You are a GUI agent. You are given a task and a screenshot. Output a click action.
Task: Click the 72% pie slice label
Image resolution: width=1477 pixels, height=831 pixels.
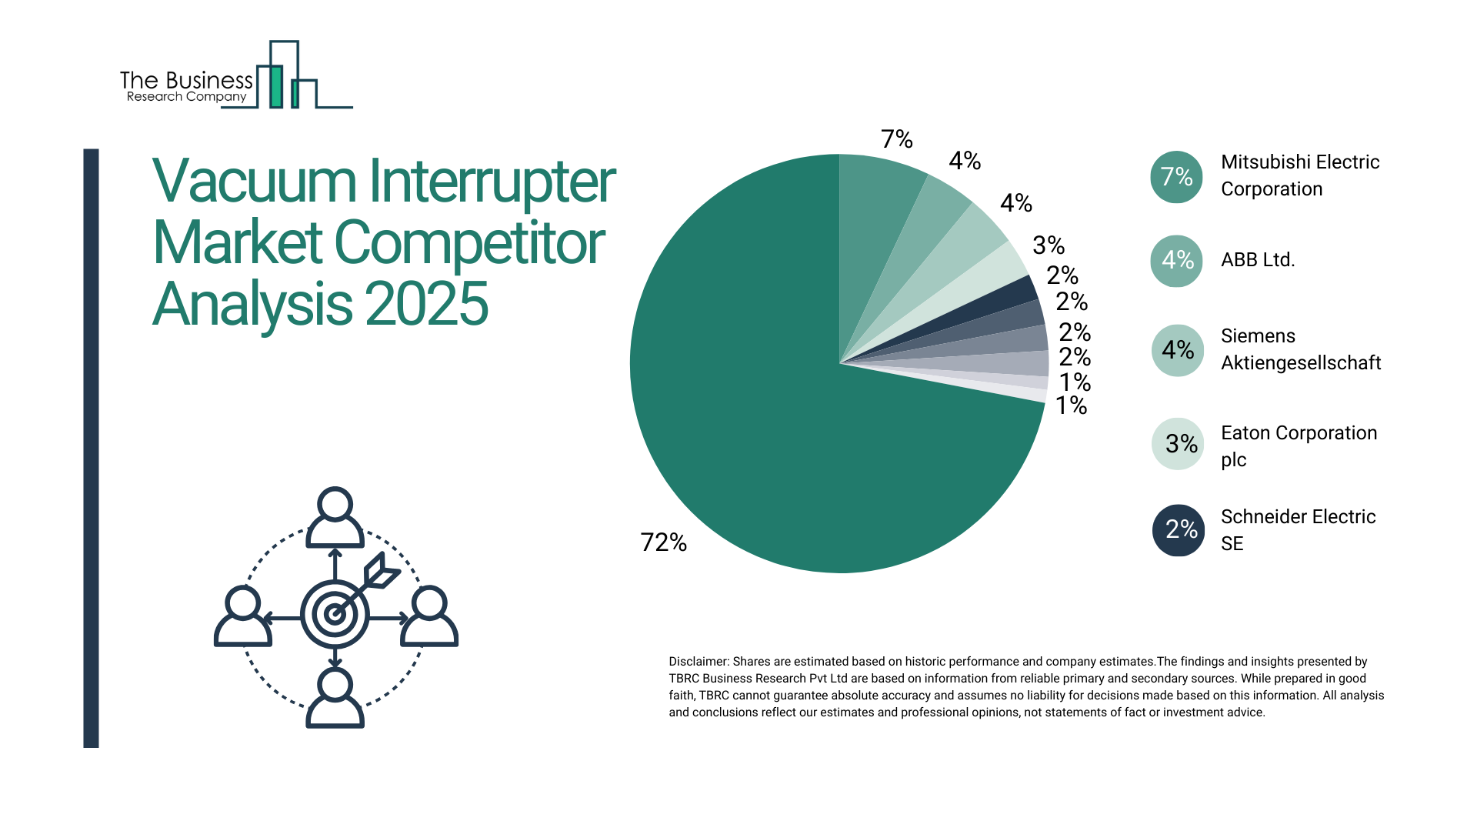pyautogui.click(x=663, y=542)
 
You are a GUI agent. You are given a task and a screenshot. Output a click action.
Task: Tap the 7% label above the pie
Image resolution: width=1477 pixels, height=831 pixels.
pyautogui.click(x=896, y=139)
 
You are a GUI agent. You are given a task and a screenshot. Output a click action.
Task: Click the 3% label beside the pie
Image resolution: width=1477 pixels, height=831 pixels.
pyautogui.click(x=1048, y=245)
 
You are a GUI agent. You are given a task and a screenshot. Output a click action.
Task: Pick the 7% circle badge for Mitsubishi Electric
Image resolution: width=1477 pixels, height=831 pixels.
pyautogui.click(x=1176, y=177)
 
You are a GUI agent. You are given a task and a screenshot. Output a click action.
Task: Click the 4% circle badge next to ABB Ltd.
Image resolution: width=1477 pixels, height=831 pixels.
pyautogui.click(x=1176, y=261)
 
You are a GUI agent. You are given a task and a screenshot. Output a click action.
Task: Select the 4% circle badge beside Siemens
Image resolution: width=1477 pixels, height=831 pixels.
pyautogui.click(x=1177, y=351)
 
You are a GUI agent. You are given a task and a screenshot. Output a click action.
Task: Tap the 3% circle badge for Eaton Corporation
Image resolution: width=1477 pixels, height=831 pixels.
pyautogui.click(x=1178, y=444)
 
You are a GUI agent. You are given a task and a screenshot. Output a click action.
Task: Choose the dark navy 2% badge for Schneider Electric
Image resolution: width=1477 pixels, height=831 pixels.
pyautogui.click(x=1178, y=530)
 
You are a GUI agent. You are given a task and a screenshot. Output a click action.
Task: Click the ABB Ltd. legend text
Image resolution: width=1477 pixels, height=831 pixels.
pyautogui.click(x=1258, y=260)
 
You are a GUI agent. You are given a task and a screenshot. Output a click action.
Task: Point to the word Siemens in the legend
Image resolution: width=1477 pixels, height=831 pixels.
pyautogui.click(x=1258, y=336)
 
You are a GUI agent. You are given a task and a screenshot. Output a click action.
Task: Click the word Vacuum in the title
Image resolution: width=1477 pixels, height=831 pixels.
pyautogui.click(x=254, y=182)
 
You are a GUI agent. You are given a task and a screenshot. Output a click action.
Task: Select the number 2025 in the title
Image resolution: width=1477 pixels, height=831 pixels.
pyautogui.click(x=426, y=304)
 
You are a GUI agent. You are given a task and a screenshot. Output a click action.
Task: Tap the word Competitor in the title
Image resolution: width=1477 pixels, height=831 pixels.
pyautogui.click(x=469, y=243)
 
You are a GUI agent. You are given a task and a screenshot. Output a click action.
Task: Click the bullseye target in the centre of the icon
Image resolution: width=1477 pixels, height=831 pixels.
pyautogui.click(x=335, y=614)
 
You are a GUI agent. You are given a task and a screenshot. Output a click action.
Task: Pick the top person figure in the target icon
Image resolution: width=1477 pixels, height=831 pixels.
pyautogui.click(x=335, y=517)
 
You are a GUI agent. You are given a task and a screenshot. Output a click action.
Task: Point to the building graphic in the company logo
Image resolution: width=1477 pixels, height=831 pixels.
pyautogui.click(x=285, y=77)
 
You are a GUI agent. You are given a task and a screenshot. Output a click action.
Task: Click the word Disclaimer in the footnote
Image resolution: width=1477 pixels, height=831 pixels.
pyautogui.click(x=698, y=662)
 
